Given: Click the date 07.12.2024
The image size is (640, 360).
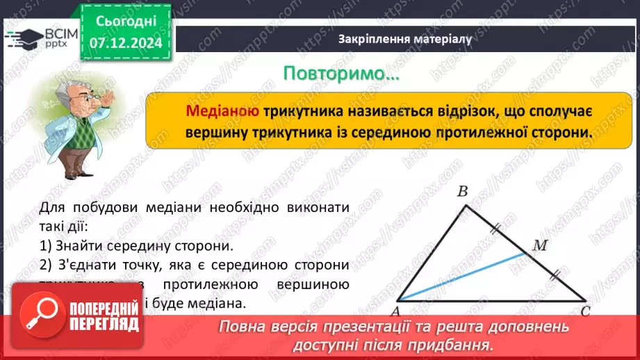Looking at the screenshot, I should pyautogui.click(x=125, y=43).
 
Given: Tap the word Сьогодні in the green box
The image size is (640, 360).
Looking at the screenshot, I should pyautogui.click(x=125, y=23).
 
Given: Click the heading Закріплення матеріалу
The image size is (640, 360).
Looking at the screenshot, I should pyautogui.click(x=404, y=39).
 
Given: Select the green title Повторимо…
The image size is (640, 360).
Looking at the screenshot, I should pyautogui.click(x=342, y=74).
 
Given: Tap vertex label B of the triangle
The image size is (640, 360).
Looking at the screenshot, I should pyautogui.click(x=462, y=192).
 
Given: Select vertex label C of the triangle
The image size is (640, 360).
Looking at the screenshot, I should pyautogui.click(x=585, y=311).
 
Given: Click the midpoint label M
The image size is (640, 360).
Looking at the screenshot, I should pyautogui.click(x=539, y=245).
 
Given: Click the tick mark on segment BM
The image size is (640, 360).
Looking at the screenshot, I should pyautogui.click(x=495, y=228).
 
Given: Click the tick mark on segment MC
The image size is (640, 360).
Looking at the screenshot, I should pyautogui.click(x=554, y=276).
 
